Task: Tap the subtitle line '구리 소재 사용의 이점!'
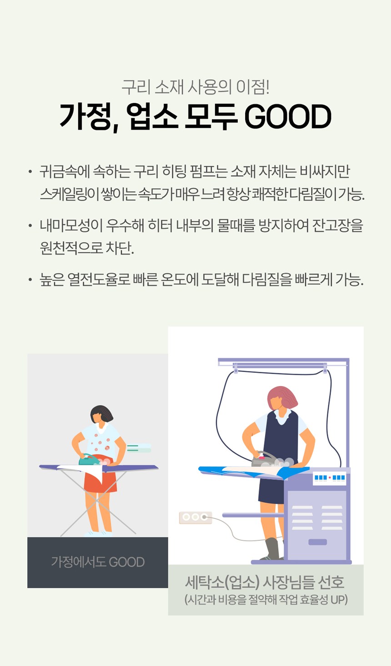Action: click(195, 87)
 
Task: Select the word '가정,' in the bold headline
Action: click(89, 117)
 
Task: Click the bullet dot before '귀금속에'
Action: click(30, 172)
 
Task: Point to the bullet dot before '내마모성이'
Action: click(30, 226)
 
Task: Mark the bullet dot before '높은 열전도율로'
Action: click(30, 280)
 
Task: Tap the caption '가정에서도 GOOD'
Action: click(98, 562)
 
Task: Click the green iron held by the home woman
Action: click(89, 460)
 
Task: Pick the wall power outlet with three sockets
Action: click(195, 517)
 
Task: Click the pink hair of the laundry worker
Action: click(283, 397)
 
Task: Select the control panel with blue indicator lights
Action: click(330, 478)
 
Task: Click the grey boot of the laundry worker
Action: click(271, 549)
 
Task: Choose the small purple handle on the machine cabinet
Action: click(318, 542)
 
